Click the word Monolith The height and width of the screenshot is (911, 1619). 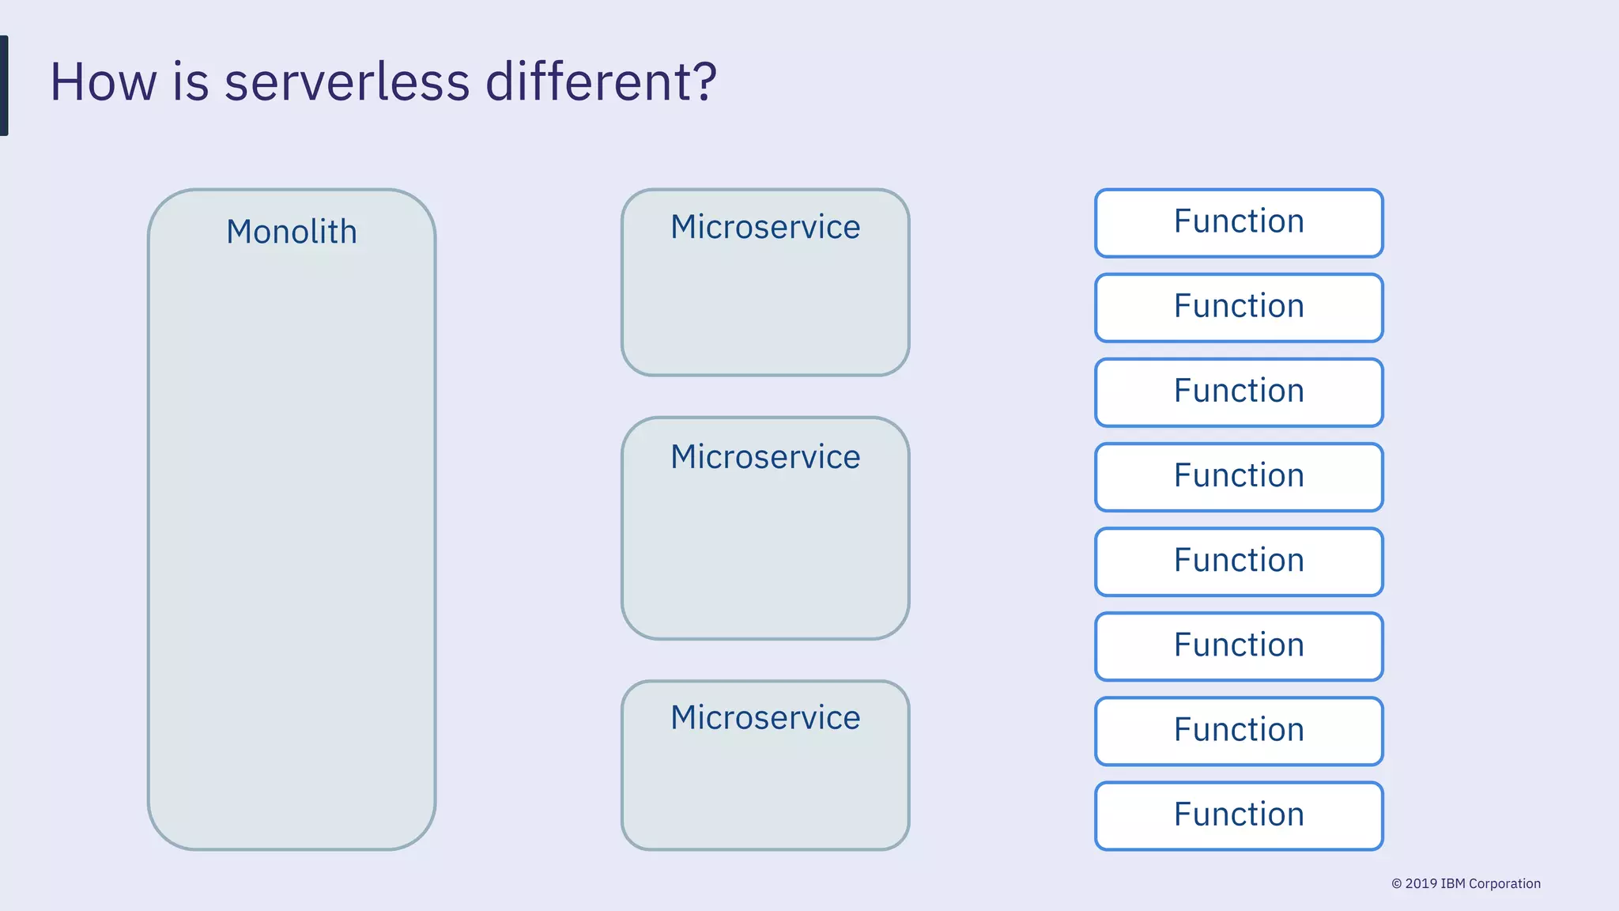pos(291,232)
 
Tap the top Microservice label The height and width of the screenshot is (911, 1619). pos(765,228)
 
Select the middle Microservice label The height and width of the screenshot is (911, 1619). pos(765,457)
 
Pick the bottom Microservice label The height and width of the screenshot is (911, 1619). pos(765,718)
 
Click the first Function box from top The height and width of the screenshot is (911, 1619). pos(1239,223)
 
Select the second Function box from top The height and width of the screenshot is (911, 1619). pos(1239,308)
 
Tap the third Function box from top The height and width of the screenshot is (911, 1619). pos(1239,392)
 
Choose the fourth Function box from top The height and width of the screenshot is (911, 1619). pos(1239,477)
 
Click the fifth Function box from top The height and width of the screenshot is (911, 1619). pos(1239,561)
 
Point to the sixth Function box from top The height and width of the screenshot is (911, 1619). pos(1239,646)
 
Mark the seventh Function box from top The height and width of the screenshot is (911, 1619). pos(1239,731)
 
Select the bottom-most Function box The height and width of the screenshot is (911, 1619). pos(1239,815)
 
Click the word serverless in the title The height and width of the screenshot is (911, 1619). pos(346,82)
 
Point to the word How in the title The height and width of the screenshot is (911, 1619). pos(103,82)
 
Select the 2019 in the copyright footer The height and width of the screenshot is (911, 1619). pos(1421,884)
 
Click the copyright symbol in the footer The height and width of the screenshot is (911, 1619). pos(1396,884)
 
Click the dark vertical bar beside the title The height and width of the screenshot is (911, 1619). pos(4,85)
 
